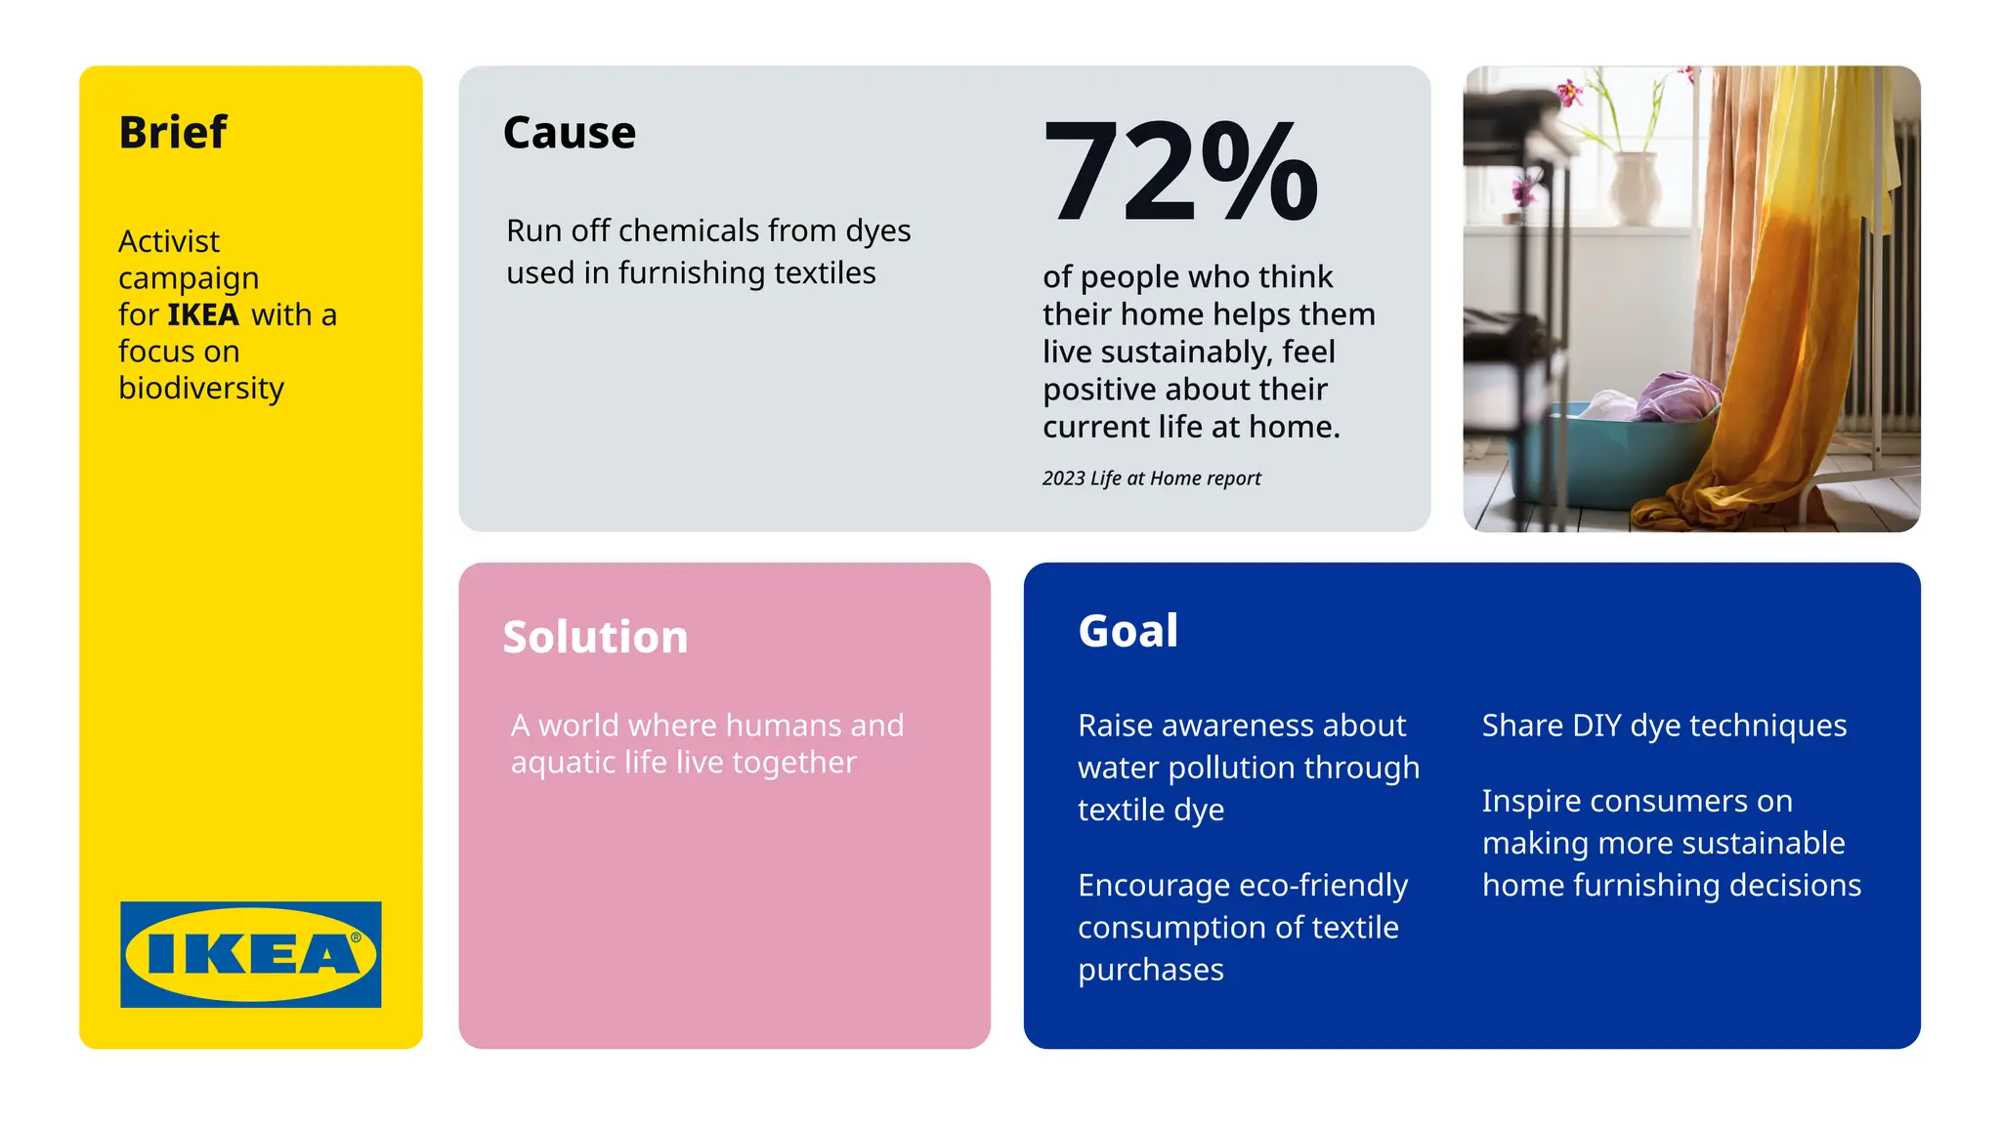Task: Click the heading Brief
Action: point(173,133)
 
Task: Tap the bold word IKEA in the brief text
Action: point(203,314)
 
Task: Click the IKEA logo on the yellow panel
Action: point(251,954)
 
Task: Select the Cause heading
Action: point(569,133)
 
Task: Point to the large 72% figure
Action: point(1180,172)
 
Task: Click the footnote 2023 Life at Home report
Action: point(1151,479)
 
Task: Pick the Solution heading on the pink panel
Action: point(595,637)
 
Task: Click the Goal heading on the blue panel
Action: point(1128,631)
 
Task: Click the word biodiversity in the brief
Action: point(201,389)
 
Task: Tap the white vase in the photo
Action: point(1635,186)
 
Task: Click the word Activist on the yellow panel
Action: point(169,241)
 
